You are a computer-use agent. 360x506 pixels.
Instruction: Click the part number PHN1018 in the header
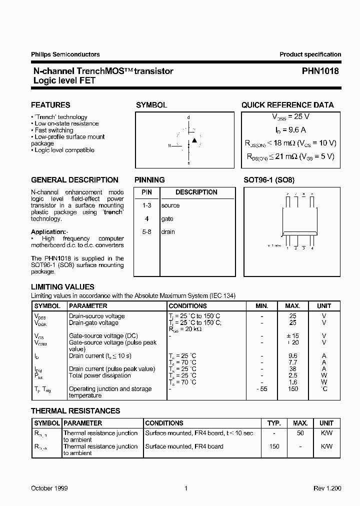320,71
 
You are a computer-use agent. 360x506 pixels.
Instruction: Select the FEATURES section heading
50,105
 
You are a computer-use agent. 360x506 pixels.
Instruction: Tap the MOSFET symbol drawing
188,140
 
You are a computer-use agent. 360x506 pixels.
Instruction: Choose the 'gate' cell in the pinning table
167,218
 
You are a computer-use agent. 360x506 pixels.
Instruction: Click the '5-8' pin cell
146,232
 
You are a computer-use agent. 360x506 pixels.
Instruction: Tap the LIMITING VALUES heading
62,287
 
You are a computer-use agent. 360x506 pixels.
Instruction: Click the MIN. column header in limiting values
261,306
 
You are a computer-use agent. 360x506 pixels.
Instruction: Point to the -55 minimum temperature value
261,388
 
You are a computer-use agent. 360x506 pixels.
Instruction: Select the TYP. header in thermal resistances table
274,423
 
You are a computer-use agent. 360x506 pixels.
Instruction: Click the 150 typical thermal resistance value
274,446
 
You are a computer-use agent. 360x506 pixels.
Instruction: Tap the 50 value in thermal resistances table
300,433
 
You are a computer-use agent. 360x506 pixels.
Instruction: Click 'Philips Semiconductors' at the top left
65,54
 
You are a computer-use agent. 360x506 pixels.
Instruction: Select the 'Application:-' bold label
49,232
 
